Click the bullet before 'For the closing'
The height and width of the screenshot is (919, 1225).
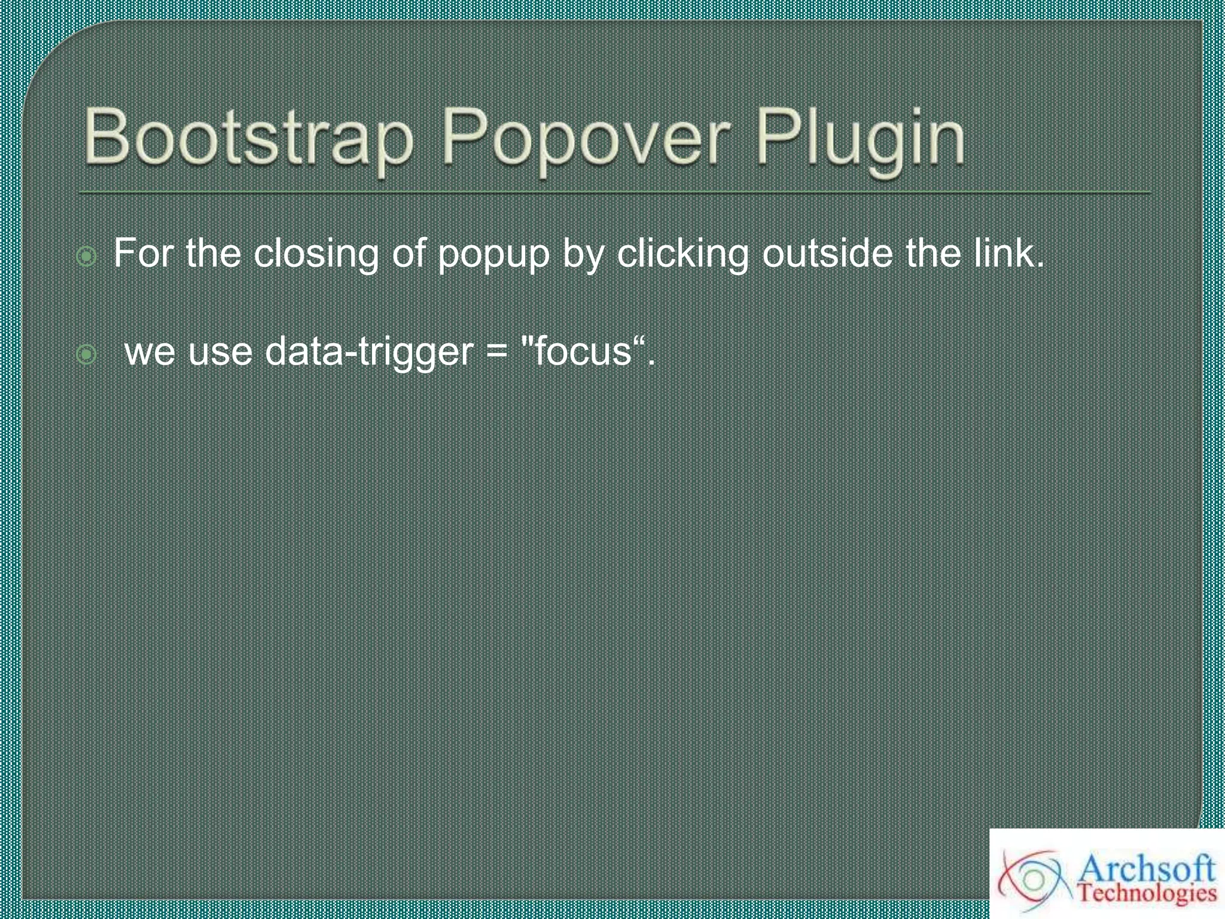point(87,257)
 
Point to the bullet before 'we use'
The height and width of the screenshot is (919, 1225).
point(87,355)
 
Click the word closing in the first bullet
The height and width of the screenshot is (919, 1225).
point(316,254)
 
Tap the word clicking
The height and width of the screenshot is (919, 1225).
point(682,254)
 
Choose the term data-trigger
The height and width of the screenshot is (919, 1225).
point(369,352)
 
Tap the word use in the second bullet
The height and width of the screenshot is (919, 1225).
point(220,352)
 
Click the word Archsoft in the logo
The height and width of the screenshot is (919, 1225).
point(1148,868)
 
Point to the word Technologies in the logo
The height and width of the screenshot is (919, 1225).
point(1147,893)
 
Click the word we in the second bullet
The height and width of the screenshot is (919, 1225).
point(150,352)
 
